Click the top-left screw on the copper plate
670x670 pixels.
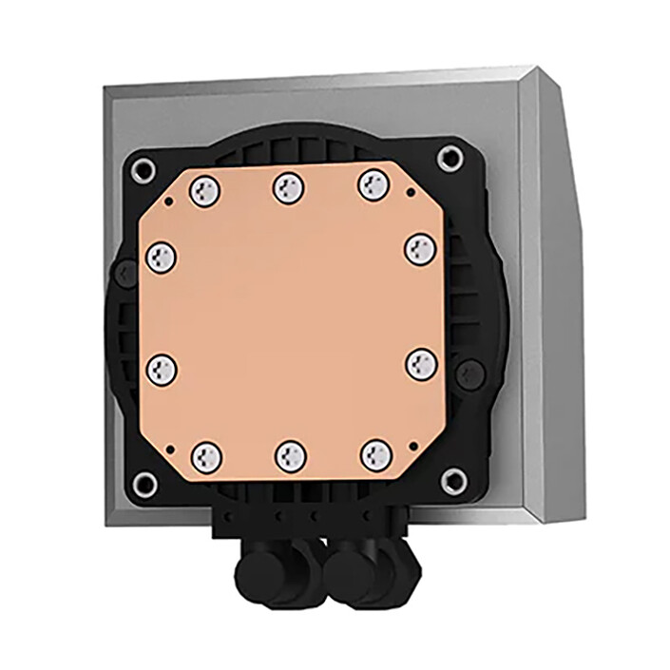(x=205, y=191)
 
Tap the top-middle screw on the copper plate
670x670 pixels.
(x=289, y=187)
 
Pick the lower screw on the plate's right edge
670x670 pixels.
(x=421, y=364)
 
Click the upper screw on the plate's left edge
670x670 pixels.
(x=163, y=256)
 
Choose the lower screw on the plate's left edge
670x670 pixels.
(x=162, y=370)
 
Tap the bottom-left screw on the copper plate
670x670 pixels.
(x=206, y=456)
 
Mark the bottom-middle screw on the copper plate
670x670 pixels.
(x=291, y=457)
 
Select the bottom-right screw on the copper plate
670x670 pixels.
(x=376, y=454)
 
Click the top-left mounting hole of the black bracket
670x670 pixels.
(x=143, y=171)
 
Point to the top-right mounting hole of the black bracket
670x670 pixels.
(x=450, y=159)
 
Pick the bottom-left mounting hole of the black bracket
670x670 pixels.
(x=144, y=486)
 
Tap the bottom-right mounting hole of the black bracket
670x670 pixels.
(x=454, y=480)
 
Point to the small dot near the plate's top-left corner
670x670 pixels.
(x=169, y=201)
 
